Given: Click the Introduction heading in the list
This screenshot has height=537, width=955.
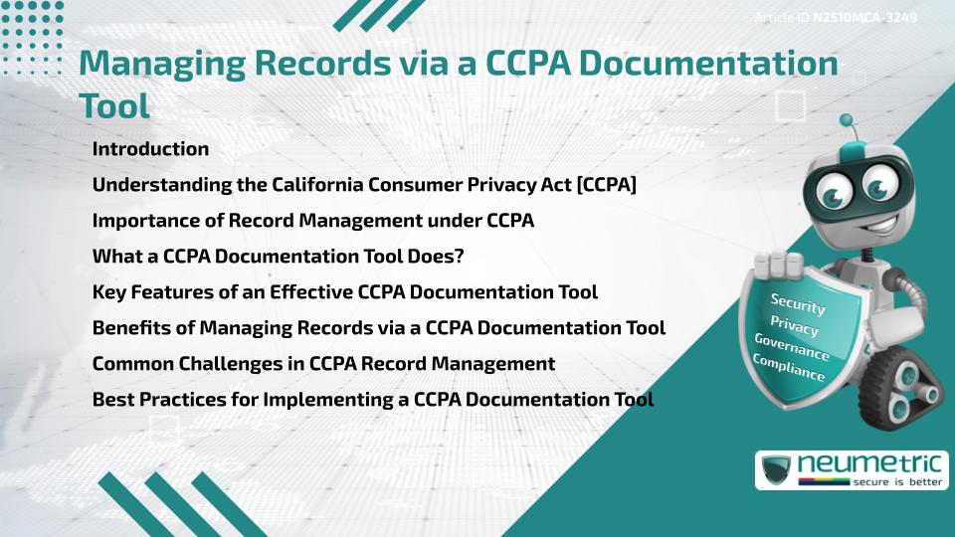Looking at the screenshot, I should point(150,149).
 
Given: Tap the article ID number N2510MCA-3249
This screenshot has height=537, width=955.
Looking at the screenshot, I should point(864,17).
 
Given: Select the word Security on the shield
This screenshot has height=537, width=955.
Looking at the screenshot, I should point(798,304).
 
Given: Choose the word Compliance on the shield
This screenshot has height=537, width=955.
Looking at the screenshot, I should point(789,369).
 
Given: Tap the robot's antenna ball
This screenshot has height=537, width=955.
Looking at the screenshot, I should point(848,120).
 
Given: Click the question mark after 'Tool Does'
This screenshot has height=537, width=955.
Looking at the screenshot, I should point(459,257).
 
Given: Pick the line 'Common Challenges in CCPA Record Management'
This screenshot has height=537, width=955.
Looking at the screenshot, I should point(323,364).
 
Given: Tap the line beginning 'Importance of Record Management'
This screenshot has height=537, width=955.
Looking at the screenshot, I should point(313,221).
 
